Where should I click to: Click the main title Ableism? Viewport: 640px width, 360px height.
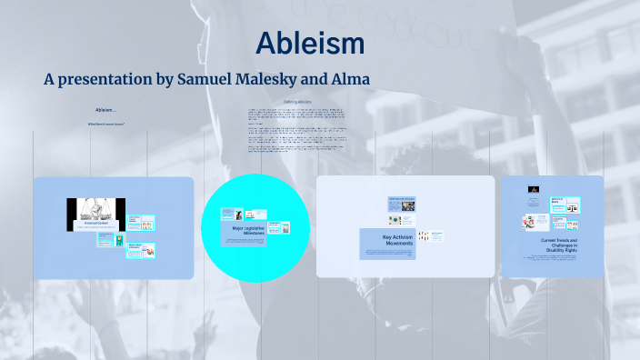[310, 43]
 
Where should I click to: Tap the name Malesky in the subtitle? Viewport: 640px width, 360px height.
[259, 80]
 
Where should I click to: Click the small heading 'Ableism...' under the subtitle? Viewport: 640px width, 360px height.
[106, 110]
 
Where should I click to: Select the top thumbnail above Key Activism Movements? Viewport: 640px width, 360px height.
[401, 202]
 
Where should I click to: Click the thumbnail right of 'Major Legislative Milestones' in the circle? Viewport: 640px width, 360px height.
[285, 227]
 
